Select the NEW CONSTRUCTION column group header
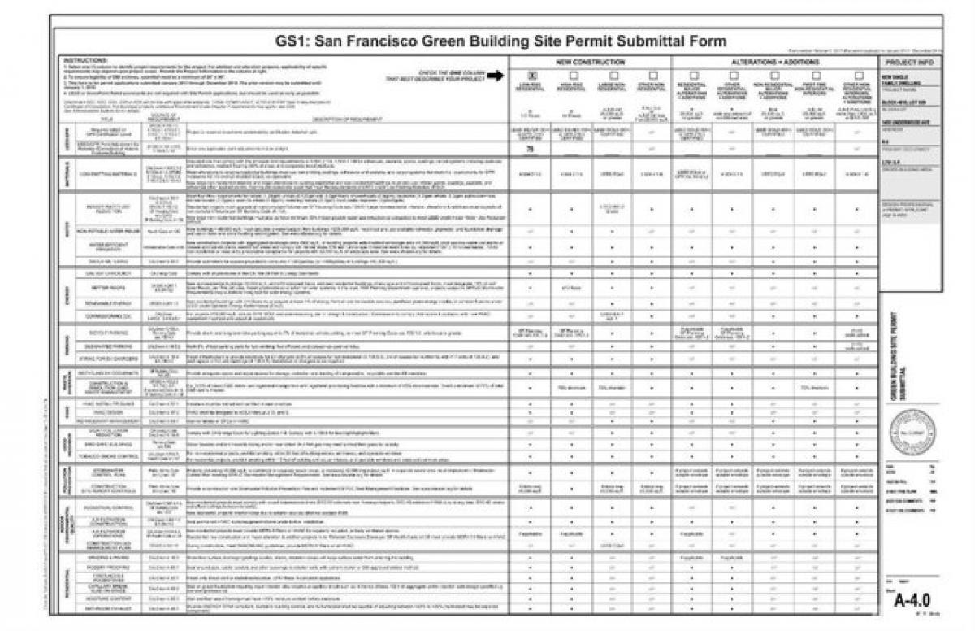(591, 62)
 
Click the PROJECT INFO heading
(909, 62)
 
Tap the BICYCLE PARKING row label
(105, 333)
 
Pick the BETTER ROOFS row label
(105, 287)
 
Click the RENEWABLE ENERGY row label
(105, 302)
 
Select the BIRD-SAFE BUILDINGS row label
(105, 445)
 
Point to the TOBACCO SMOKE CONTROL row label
(105, 456)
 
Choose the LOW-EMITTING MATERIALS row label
(105, 172)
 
